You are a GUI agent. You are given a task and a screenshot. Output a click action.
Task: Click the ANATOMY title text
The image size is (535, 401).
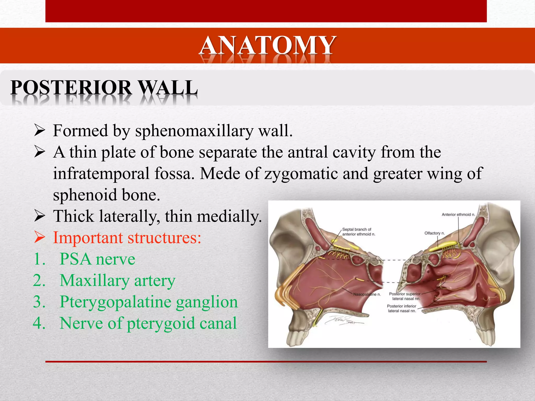[x=267, y=46]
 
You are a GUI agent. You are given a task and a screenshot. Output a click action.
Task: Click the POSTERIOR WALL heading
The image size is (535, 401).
[x=104, y=88]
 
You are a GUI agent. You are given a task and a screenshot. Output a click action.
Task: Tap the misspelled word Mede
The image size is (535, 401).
[x=219, y=173]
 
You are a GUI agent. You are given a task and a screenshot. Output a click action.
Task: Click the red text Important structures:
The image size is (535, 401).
[x=127, y=238]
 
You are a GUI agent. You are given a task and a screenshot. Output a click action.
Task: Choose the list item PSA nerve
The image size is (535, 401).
[x=97, y=259]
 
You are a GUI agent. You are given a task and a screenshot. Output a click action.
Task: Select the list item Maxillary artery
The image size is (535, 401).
[x=117, y=281]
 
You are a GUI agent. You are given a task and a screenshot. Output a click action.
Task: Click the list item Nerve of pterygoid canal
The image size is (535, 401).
[x=148, y=323]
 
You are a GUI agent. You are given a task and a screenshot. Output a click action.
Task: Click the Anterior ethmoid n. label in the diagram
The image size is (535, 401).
[x=458, y=215]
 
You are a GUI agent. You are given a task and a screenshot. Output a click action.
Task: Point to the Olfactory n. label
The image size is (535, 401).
[x=434, y=233]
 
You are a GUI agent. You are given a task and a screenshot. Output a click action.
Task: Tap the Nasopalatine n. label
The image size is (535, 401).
[x=367, y=294]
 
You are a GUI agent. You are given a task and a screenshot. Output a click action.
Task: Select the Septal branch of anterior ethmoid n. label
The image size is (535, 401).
[x=358, y=232]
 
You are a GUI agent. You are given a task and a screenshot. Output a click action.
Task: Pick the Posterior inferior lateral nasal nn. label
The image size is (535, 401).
[x=402, y=308]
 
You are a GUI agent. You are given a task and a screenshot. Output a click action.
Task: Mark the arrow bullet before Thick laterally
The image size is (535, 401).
[x=40, y=216]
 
